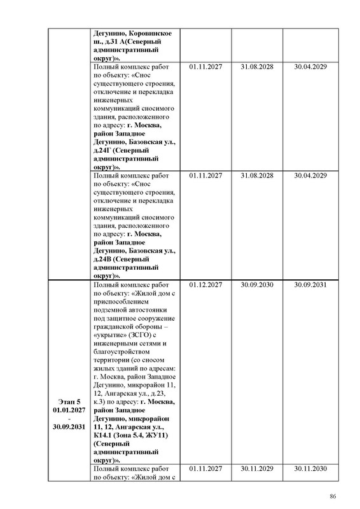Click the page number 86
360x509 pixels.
(x=332, y=496)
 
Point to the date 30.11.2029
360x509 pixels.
(x=258, y=469)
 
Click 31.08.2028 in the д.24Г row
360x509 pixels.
(x=258, y=67)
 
